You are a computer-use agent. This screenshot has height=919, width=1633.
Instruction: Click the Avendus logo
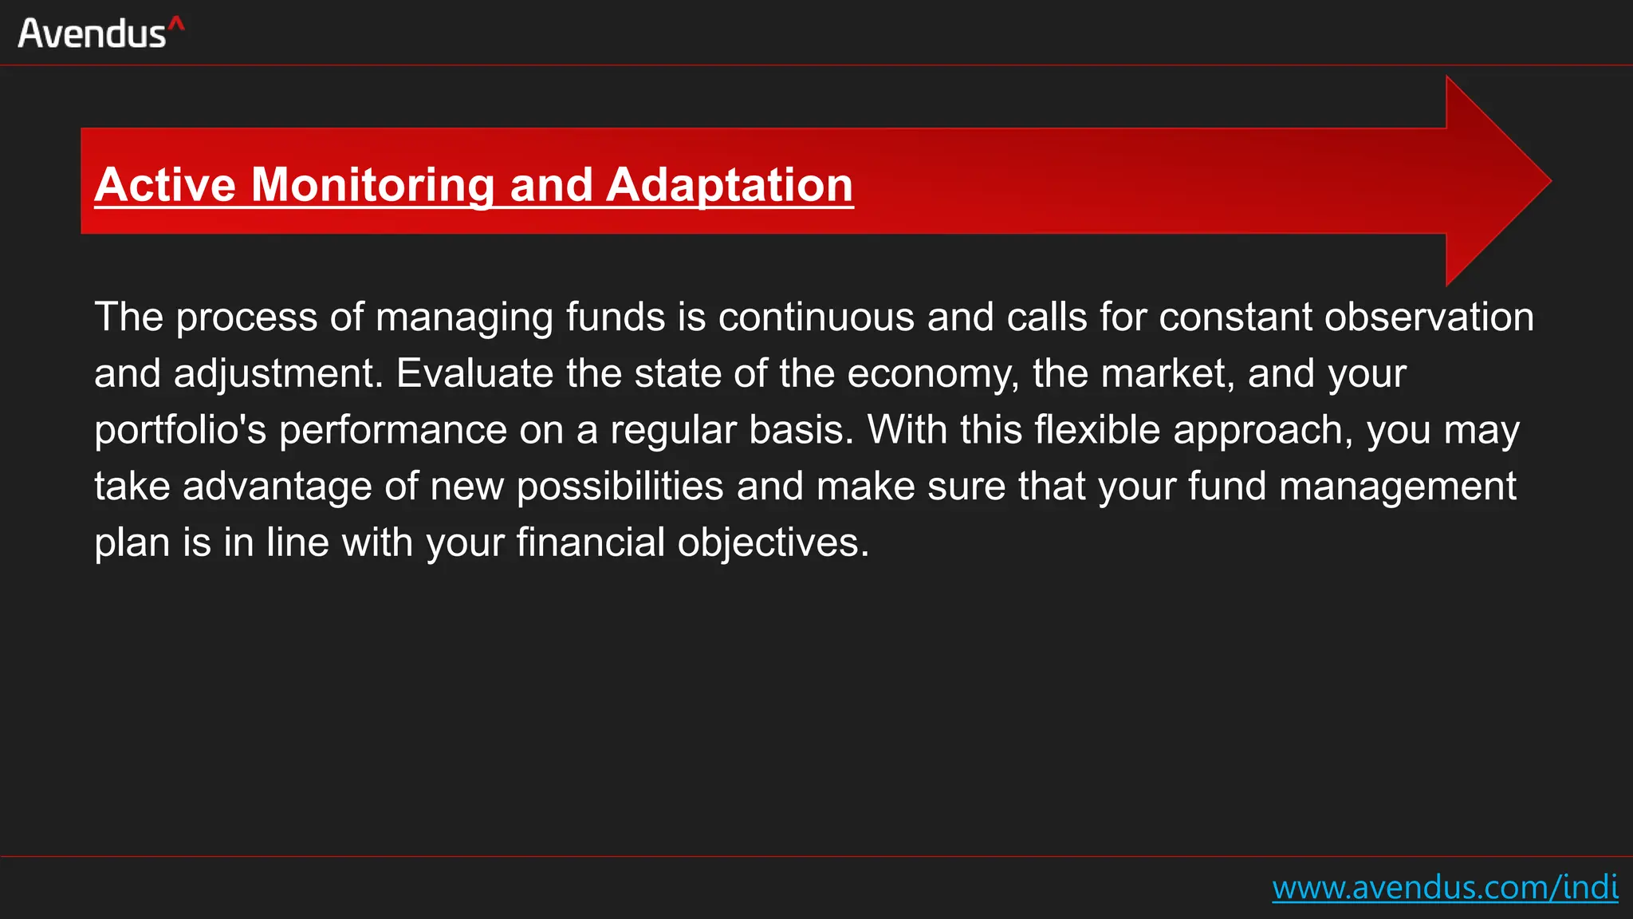coord(100,34)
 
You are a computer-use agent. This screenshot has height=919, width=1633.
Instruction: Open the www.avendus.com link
coord(1444,888)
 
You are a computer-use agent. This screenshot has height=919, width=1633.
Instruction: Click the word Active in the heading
coord(165,185)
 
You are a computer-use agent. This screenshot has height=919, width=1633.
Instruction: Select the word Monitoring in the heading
coord(373,185)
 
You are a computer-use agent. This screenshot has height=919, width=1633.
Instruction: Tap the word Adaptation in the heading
coord(730,185)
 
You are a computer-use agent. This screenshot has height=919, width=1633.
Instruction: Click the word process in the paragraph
coord(246,318)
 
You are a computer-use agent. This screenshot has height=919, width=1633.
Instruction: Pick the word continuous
coord(816,318)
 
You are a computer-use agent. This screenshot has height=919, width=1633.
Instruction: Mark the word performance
coord(392,431)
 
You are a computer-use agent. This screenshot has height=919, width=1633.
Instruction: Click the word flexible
coord(1097,431)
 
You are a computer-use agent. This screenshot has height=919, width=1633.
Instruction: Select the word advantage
coord(277,487)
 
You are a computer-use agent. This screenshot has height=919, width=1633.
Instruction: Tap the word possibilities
coord(620,487)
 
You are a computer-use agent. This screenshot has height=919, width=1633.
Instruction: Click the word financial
coord(590,543)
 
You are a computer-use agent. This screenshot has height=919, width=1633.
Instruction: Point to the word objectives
coord(773,543)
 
